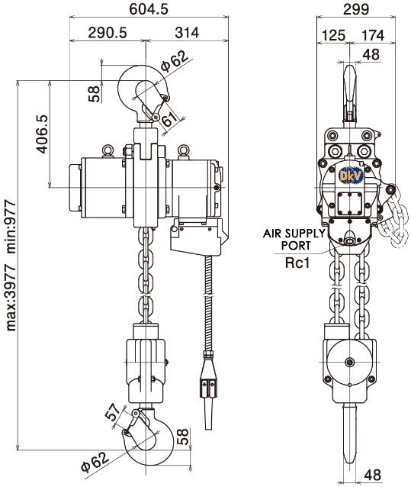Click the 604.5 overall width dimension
point(149,8)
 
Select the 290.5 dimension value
point(108,33)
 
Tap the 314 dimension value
point(187,33)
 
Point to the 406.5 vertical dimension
point(43,134)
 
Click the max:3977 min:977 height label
point(11,266)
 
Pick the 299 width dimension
point(356,9)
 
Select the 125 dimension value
point(333,35)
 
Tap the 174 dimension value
point(373,35)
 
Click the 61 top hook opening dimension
point(170,118)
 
